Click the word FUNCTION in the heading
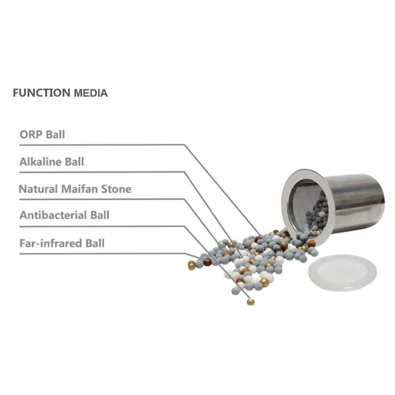(42, 93)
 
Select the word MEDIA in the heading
(91, 93)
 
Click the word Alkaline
(41, 162)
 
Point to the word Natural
(38, 189)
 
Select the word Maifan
(80, 189)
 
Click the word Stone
(116, 189)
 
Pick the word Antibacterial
(53, 215)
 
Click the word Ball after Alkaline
(75, 162)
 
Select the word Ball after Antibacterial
(100, 215)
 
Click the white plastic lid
(342, 272)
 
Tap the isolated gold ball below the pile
(251, 301)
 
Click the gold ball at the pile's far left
(192, 265)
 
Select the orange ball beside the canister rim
(311, 243)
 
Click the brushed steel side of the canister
(355, 199)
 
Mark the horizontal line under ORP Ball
(102, 145)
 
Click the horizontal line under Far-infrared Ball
(102, 254)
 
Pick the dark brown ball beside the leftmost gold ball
(207, 262)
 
